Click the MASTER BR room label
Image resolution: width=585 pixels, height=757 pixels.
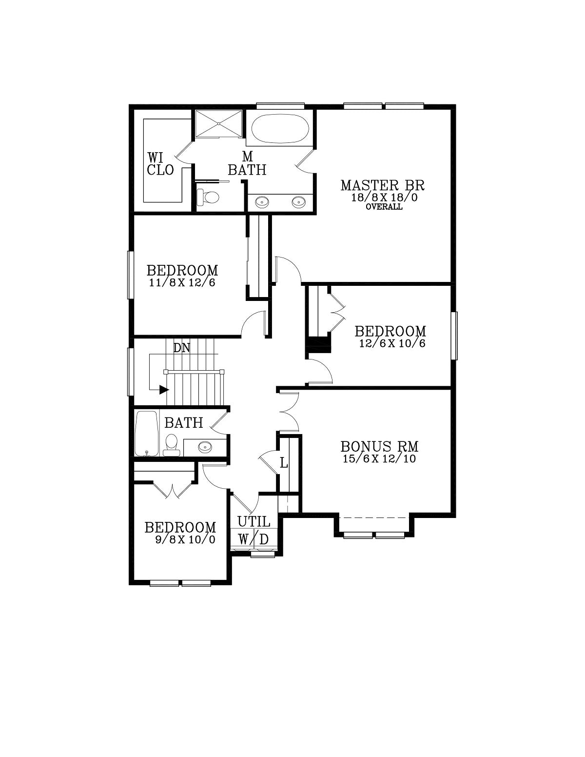point(383,185)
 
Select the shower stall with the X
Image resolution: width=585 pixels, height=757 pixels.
point(218,124)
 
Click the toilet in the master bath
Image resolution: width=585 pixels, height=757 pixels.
point(207,197)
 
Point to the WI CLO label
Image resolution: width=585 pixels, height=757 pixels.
point(160,164)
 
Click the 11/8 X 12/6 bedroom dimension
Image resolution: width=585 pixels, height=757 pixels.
point(182,282)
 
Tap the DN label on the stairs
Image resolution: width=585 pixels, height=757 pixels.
point(182,348)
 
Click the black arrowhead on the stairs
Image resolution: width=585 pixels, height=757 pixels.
point(164,389)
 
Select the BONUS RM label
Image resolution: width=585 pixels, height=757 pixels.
point(379,446)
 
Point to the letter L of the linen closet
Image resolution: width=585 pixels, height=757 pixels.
point(284,463)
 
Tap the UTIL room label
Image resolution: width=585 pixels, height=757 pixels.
point(253,521)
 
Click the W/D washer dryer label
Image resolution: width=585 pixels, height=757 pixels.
point(253,539)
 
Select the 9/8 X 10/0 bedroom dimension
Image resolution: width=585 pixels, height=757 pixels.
point(185,539)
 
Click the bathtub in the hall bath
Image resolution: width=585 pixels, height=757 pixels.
point(146,434)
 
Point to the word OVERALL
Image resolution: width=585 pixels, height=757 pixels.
point(384,207)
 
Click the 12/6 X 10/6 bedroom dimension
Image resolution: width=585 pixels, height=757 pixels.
point(392,343)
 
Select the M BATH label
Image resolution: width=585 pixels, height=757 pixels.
point(247,164)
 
